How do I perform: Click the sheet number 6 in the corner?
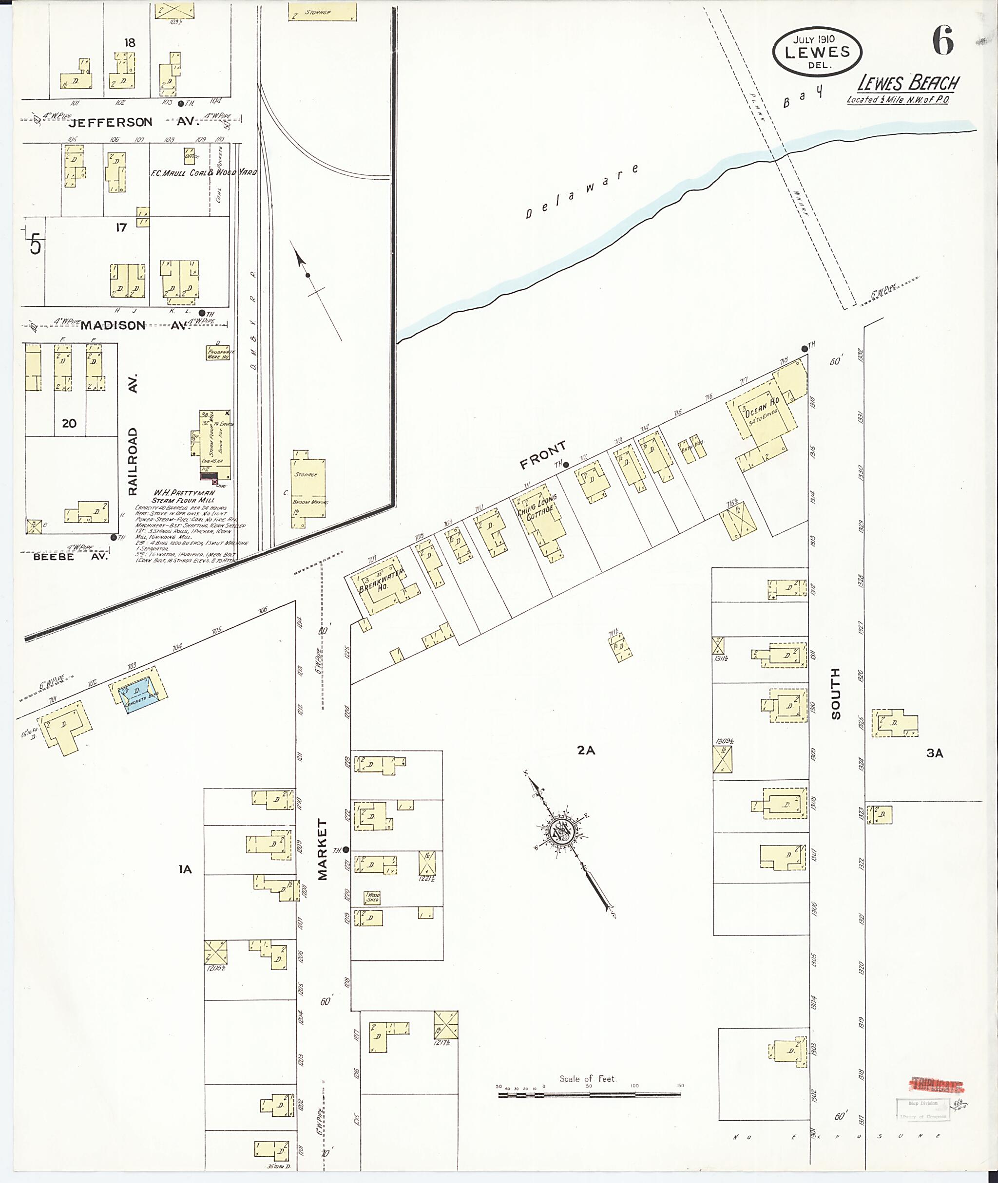click(942, 41)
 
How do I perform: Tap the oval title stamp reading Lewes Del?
click(816, 52)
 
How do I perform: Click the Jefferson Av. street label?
click(118, 122)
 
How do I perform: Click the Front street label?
click(542, 455)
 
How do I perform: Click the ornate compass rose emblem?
click(563, 833)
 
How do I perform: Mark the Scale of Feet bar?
click(589, 1095)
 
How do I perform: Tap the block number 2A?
click(586, 751)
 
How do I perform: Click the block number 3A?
click(935, 752)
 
